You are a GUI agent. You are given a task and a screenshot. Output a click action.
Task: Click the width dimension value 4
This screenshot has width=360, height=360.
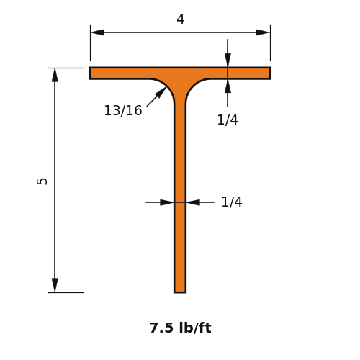click(181, 19)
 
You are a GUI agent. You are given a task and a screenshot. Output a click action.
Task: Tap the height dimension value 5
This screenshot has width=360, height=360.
click(42, 181)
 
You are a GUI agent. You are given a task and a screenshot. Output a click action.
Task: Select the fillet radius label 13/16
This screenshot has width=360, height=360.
click(123, 111)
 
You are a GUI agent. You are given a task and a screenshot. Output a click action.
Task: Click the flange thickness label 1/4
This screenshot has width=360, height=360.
click(228, 120)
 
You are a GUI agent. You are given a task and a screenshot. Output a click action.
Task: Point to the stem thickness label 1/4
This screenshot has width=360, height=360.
click(232, 202)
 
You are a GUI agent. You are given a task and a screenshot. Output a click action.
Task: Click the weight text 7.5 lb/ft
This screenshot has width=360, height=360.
click(180, 328)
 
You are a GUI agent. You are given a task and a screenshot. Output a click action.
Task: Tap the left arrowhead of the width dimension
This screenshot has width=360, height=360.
click(97, 32)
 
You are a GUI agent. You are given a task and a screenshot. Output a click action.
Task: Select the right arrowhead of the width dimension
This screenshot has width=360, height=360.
click(263, 32)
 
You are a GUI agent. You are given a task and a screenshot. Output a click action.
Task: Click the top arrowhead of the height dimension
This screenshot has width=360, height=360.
click(55, 75)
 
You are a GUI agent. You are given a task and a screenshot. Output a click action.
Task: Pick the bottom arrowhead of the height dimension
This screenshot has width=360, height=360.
click(55, 285)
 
